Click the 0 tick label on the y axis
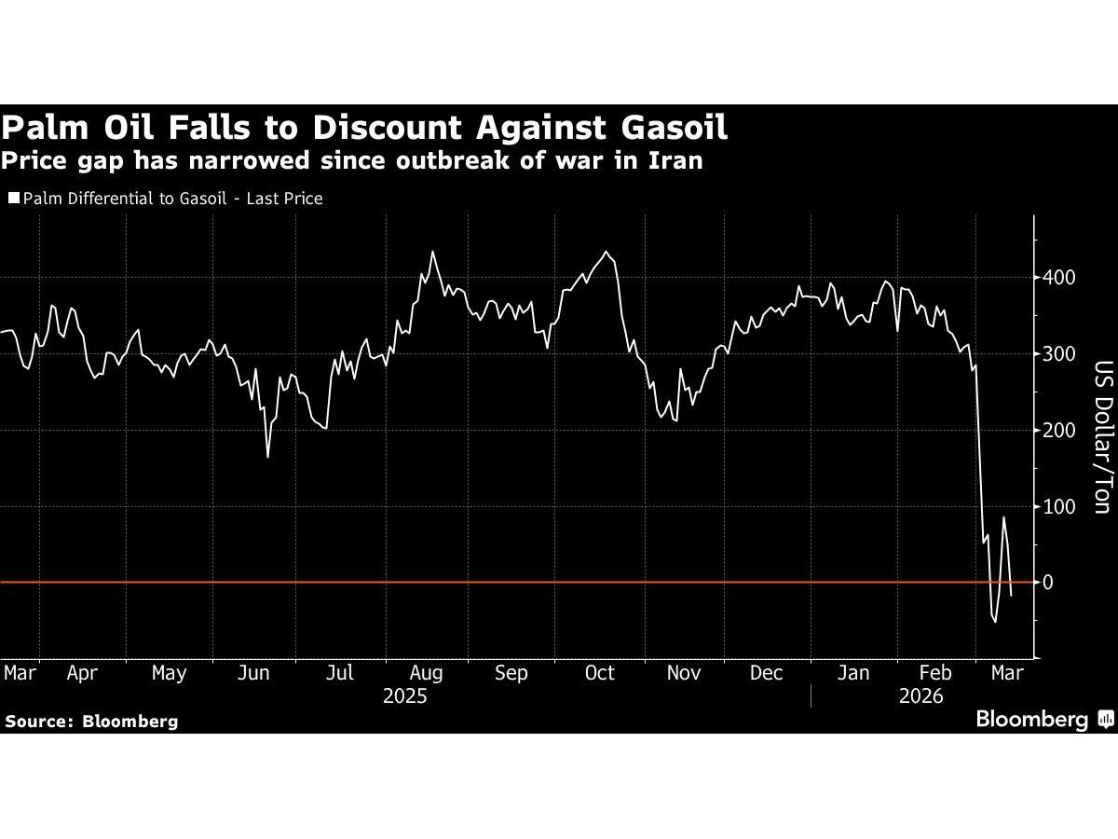pyautogui.click(x=1048, y=583)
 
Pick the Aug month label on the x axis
pyautogui.click(x=427, y=673)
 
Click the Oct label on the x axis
pyautogui.click(x=599, y=673)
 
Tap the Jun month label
pyautogui.click(x=254, y=673)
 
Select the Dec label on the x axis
pyautogui.click(x=766, y=673)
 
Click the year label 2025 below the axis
pyautogui.click(x=404, y=696)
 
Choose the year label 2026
pyautogui.click(x=922, y=696)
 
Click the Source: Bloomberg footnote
pyautogui.click(x=91, y=721)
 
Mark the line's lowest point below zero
pyautogui.click(x=995, y=623)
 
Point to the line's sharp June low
pyautogui.click(x=268, y=457)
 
